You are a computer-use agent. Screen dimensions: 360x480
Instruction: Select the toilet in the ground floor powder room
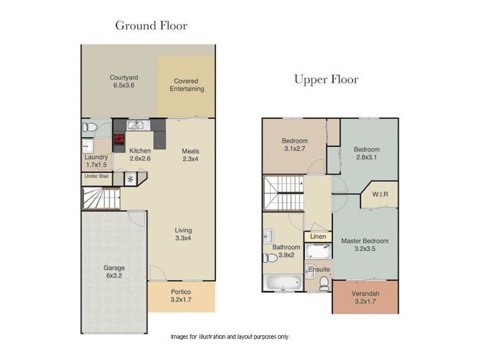pyautogui.click(x=89, y=127)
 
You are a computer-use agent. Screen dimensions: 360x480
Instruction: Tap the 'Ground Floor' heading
pyautogui.click(x=151, y=26)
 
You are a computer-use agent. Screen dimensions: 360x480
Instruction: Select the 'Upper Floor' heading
pyautogui.click(x=326, y=80)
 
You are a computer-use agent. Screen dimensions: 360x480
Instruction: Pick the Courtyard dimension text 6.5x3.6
pyautogui.click(x=124, y=86)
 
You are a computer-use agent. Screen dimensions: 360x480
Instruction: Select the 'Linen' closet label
pyautogui.click(x=318, y=237)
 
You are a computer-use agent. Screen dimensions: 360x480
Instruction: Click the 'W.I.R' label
pyautogui.click(x=379, y=194)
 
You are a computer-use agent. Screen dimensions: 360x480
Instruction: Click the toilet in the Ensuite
pyautogui.click(x=324, y=282)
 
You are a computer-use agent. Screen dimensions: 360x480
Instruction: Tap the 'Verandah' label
pyautogui.click(x=365, y=293)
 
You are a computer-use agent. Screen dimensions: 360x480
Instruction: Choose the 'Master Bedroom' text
pyautogui.click(x=365, y=241)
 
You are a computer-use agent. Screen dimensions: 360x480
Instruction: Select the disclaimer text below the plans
pyautogui.click(x=230, y=337)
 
